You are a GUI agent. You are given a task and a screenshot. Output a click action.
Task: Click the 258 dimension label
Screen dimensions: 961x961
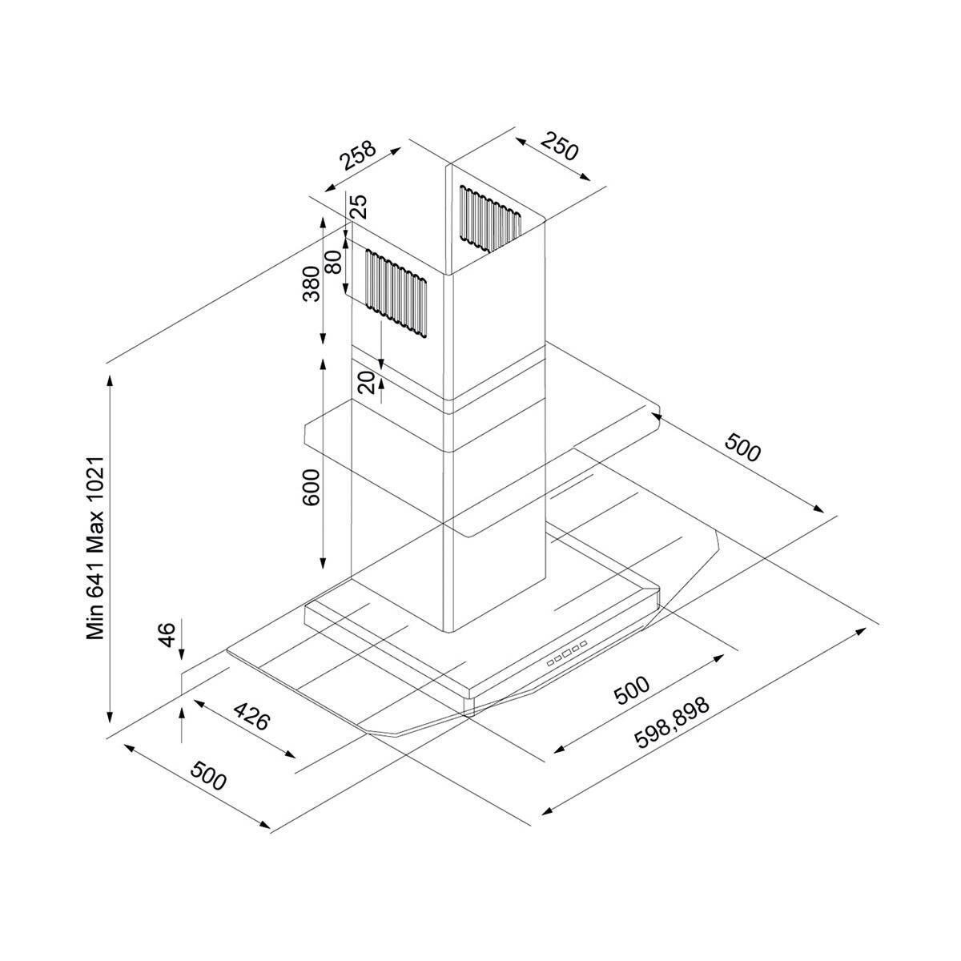click(357, 156)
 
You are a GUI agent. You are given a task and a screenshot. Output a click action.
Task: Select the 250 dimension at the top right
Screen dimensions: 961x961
click(559, 147)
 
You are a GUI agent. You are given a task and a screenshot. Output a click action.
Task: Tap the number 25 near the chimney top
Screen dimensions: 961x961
click(360, 207)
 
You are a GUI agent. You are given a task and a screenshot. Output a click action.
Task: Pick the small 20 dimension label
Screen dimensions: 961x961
click(368, 383)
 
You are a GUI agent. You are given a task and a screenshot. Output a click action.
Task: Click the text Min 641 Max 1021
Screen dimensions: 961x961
click(97, 549)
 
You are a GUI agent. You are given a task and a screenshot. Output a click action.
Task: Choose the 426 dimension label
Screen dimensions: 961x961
click(250, 718)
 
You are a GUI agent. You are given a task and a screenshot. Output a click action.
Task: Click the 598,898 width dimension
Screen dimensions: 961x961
click(671, 723)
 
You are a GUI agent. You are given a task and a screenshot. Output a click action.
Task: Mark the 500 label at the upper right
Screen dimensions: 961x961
click(742, 448)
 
